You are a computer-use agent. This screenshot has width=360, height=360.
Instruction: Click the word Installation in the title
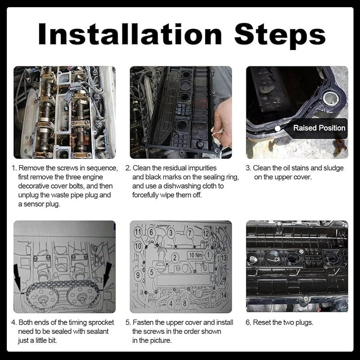pyautogui.click(x=130, y=34)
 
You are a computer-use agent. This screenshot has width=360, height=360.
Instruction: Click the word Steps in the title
pyautogui.click(x=279, y=36)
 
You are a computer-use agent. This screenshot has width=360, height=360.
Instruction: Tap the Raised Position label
pyautogui.click(x=319, y=128)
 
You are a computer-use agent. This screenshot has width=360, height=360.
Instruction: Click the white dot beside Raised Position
pyautogui.click(x=278, y=128)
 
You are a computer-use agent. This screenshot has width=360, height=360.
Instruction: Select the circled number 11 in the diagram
pyautogui.click(x=138, y=232)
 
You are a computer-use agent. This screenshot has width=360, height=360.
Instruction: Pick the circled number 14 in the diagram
pyautogui.click(x=224, y=295)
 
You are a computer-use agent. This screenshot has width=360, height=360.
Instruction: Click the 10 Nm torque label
pyautogui.click(x=195, y=255)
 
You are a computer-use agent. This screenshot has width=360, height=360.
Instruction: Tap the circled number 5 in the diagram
pyautogui.click(x=152, y=272)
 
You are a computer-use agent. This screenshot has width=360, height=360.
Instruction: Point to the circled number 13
pyautogui.click(x=223, y=258)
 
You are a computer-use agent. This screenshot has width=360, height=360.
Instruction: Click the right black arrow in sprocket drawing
pyautogui.click(x=108, y=275)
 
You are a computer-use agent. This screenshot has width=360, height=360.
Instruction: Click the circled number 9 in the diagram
pyautogui.click(x=138, y=274)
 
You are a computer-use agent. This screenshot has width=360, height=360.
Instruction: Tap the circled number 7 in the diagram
pyautogui.click(x=189, y=233)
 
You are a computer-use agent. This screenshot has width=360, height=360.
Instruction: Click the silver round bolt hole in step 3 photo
pyautogui.click(x=331, y=98)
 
